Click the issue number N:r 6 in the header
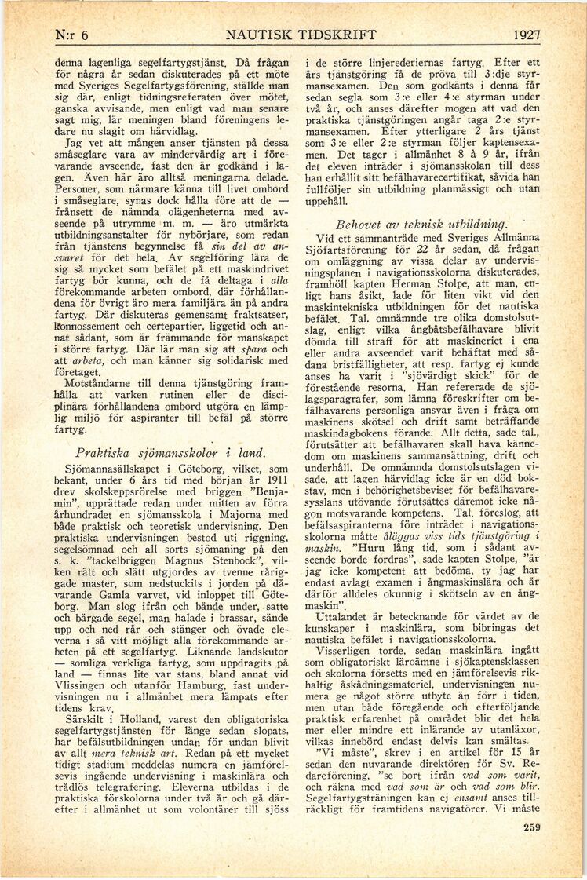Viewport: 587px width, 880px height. (70, 35)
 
